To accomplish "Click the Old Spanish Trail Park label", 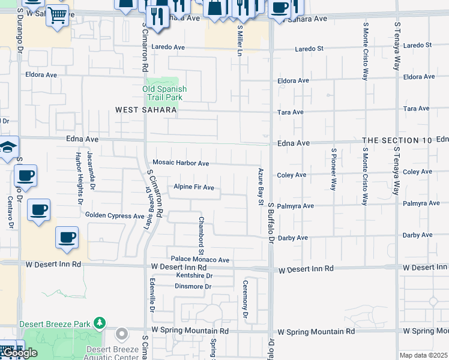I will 164,93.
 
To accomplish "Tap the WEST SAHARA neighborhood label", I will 146,110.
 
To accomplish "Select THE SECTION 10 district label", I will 397,140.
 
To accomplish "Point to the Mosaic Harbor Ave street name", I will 181,163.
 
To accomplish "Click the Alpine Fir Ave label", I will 194,187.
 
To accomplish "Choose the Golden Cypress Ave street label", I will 115,215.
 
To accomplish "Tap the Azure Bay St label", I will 261,186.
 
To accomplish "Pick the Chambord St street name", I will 202,231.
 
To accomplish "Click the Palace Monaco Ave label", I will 200,260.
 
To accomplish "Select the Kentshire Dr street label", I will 194,276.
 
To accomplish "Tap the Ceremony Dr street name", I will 245,299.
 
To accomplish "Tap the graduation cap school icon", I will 8,148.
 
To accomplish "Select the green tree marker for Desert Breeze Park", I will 100,324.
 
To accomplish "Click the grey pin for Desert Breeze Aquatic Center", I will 122,333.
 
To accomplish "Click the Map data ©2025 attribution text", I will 423,355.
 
